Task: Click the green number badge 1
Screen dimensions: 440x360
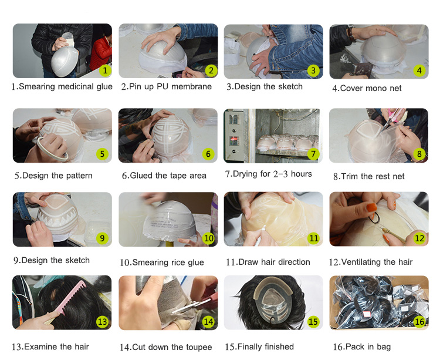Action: pos(105,70)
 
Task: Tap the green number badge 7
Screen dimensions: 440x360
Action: pos(313,154)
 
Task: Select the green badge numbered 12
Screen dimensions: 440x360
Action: pos(419,238)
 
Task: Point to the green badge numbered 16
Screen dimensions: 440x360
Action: pos(419,321)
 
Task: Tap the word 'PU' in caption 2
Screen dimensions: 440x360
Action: pos(163,86)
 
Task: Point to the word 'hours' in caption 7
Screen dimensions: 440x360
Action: pos(301,174)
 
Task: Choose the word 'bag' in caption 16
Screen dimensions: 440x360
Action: pos(384,347)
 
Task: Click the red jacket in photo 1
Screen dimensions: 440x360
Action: pos(100,53)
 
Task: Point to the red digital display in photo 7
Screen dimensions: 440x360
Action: pos(233,140)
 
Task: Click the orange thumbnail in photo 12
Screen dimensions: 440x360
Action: pos(371,207)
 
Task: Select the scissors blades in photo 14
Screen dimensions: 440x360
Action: pos(188,306)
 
